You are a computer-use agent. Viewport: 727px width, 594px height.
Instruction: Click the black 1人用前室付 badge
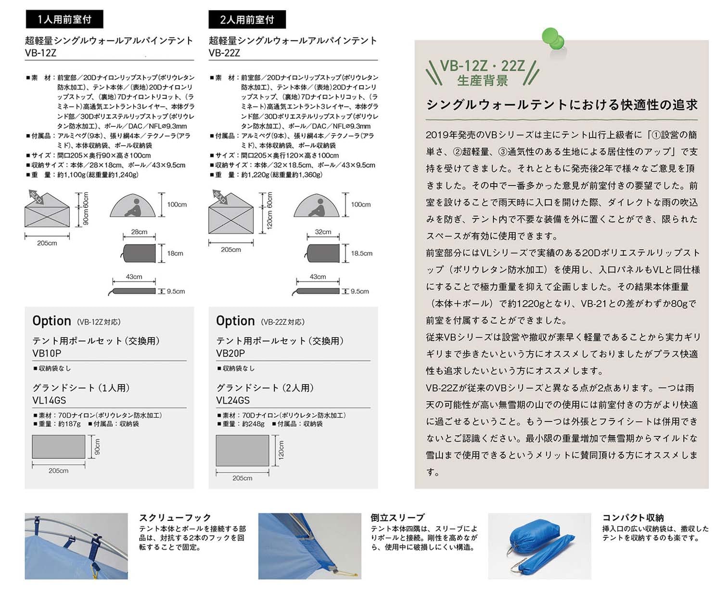coord(64,20)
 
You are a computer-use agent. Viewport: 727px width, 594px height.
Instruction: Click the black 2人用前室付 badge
coord(247,20)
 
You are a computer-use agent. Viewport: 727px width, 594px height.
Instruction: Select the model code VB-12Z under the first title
coord(40,53)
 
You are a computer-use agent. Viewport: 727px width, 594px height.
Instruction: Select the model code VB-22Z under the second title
coord(224,53)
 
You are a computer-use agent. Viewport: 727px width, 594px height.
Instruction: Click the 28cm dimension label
coord(139,232)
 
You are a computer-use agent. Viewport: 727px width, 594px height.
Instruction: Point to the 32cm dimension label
coord(323,232)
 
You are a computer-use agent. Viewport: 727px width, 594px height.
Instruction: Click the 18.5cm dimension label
coord(362,253)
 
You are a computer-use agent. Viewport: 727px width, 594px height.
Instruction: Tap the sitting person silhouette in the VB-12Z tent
coord(134,207)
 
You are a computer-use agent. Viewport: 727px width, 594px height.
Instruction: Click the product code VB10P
coord(47,354)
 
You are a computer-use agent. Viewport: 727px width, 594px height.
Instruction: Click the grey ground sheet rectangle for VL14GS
coord(58,447)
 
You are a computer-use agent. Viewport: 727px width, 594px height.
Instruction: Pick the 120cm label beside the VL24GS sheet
coord(281,450)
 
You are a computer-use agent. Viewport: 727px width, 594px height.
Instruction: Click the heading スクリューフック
coord(175,518)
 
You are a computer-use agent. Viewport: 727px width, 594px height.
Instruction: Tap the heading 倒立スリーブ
coord(397,518)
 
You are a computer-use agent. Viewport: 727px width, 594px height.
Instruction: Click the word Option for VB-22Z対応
coord(235,321)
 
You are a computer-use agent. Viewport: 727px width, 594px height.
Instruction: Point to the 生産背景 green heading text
coord(482,80)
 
